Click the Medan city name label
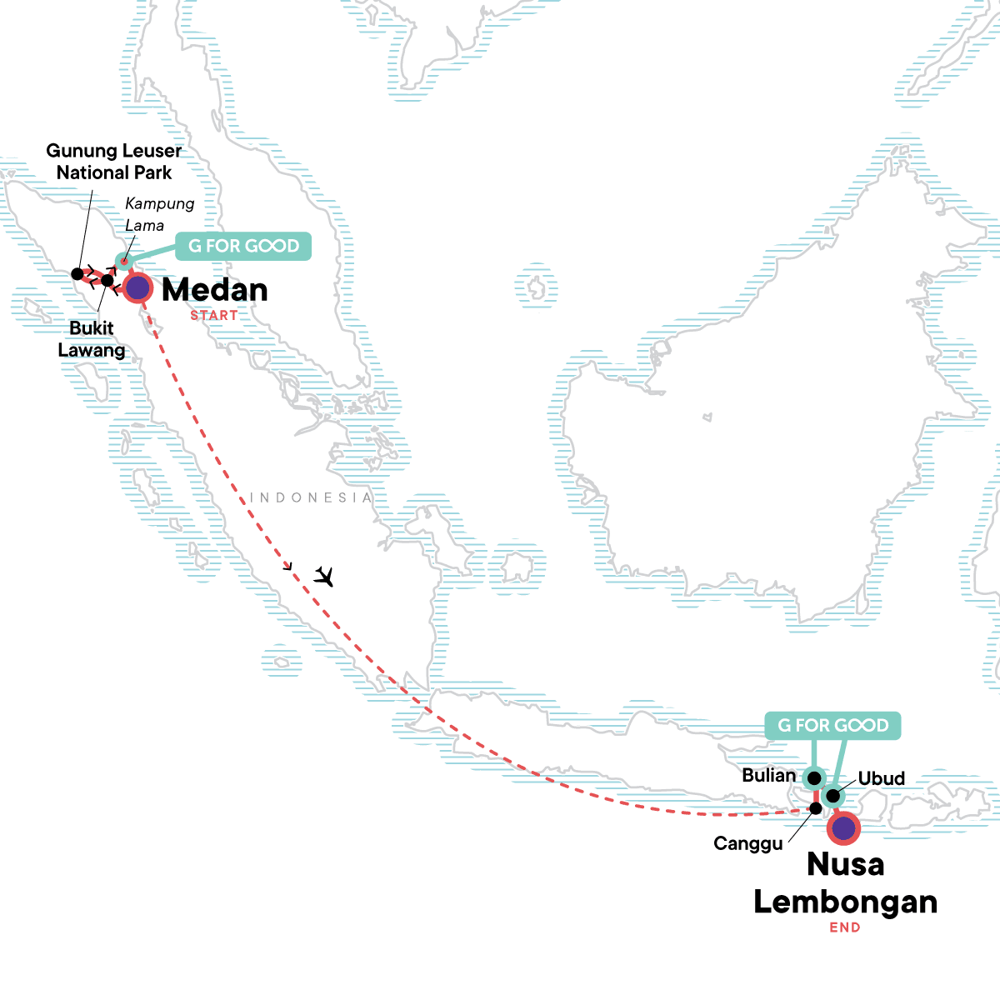click(215, 290)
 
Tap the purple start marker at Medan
click(137, 288)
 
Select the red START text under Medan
click(213, 316)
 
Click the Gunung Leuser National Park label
click(114, 162)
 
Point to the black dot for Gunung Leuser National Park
click(77, 273)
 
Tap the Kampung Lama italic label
click(159, 214)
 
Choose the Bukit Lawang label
click(92, 338)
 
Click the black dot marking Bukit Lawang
click(107, 280)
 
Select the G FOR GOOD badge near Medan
click(243, 246)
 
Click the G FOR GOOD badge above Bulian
click(832, 725)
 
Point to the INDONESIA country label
click(311, 497)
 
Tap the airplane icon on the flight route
click(324, 576)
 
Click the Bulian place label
click(768, 775)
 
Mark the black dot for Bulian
click(814, 778)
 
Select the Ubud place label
click(881, 778)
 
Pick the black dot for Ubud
click(832, 796)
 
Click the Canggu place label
click(748, 843)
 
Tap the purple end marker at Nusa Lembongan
click(844, 827)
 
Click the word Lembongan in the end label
click(845, 902)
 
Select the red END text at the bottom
click(845, 927)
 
